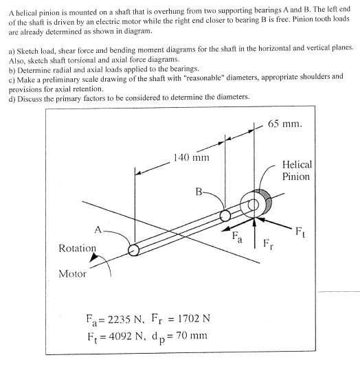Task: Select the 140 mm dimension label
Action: (191, 157)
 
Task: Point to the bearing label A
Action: (98, 231)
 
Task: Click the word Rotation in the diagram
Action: (77, 247)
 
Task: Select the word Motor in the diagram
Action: (73, 273)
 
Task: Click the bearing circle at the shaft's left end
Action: (134, 250)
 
